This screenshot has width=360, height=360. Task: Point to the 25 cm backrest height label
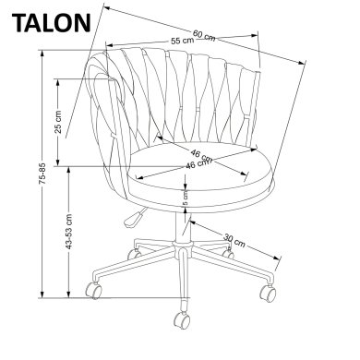click(x=58, y=124)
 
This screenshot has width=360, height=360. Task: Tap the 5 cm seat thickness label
click(x=184, y=196)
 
